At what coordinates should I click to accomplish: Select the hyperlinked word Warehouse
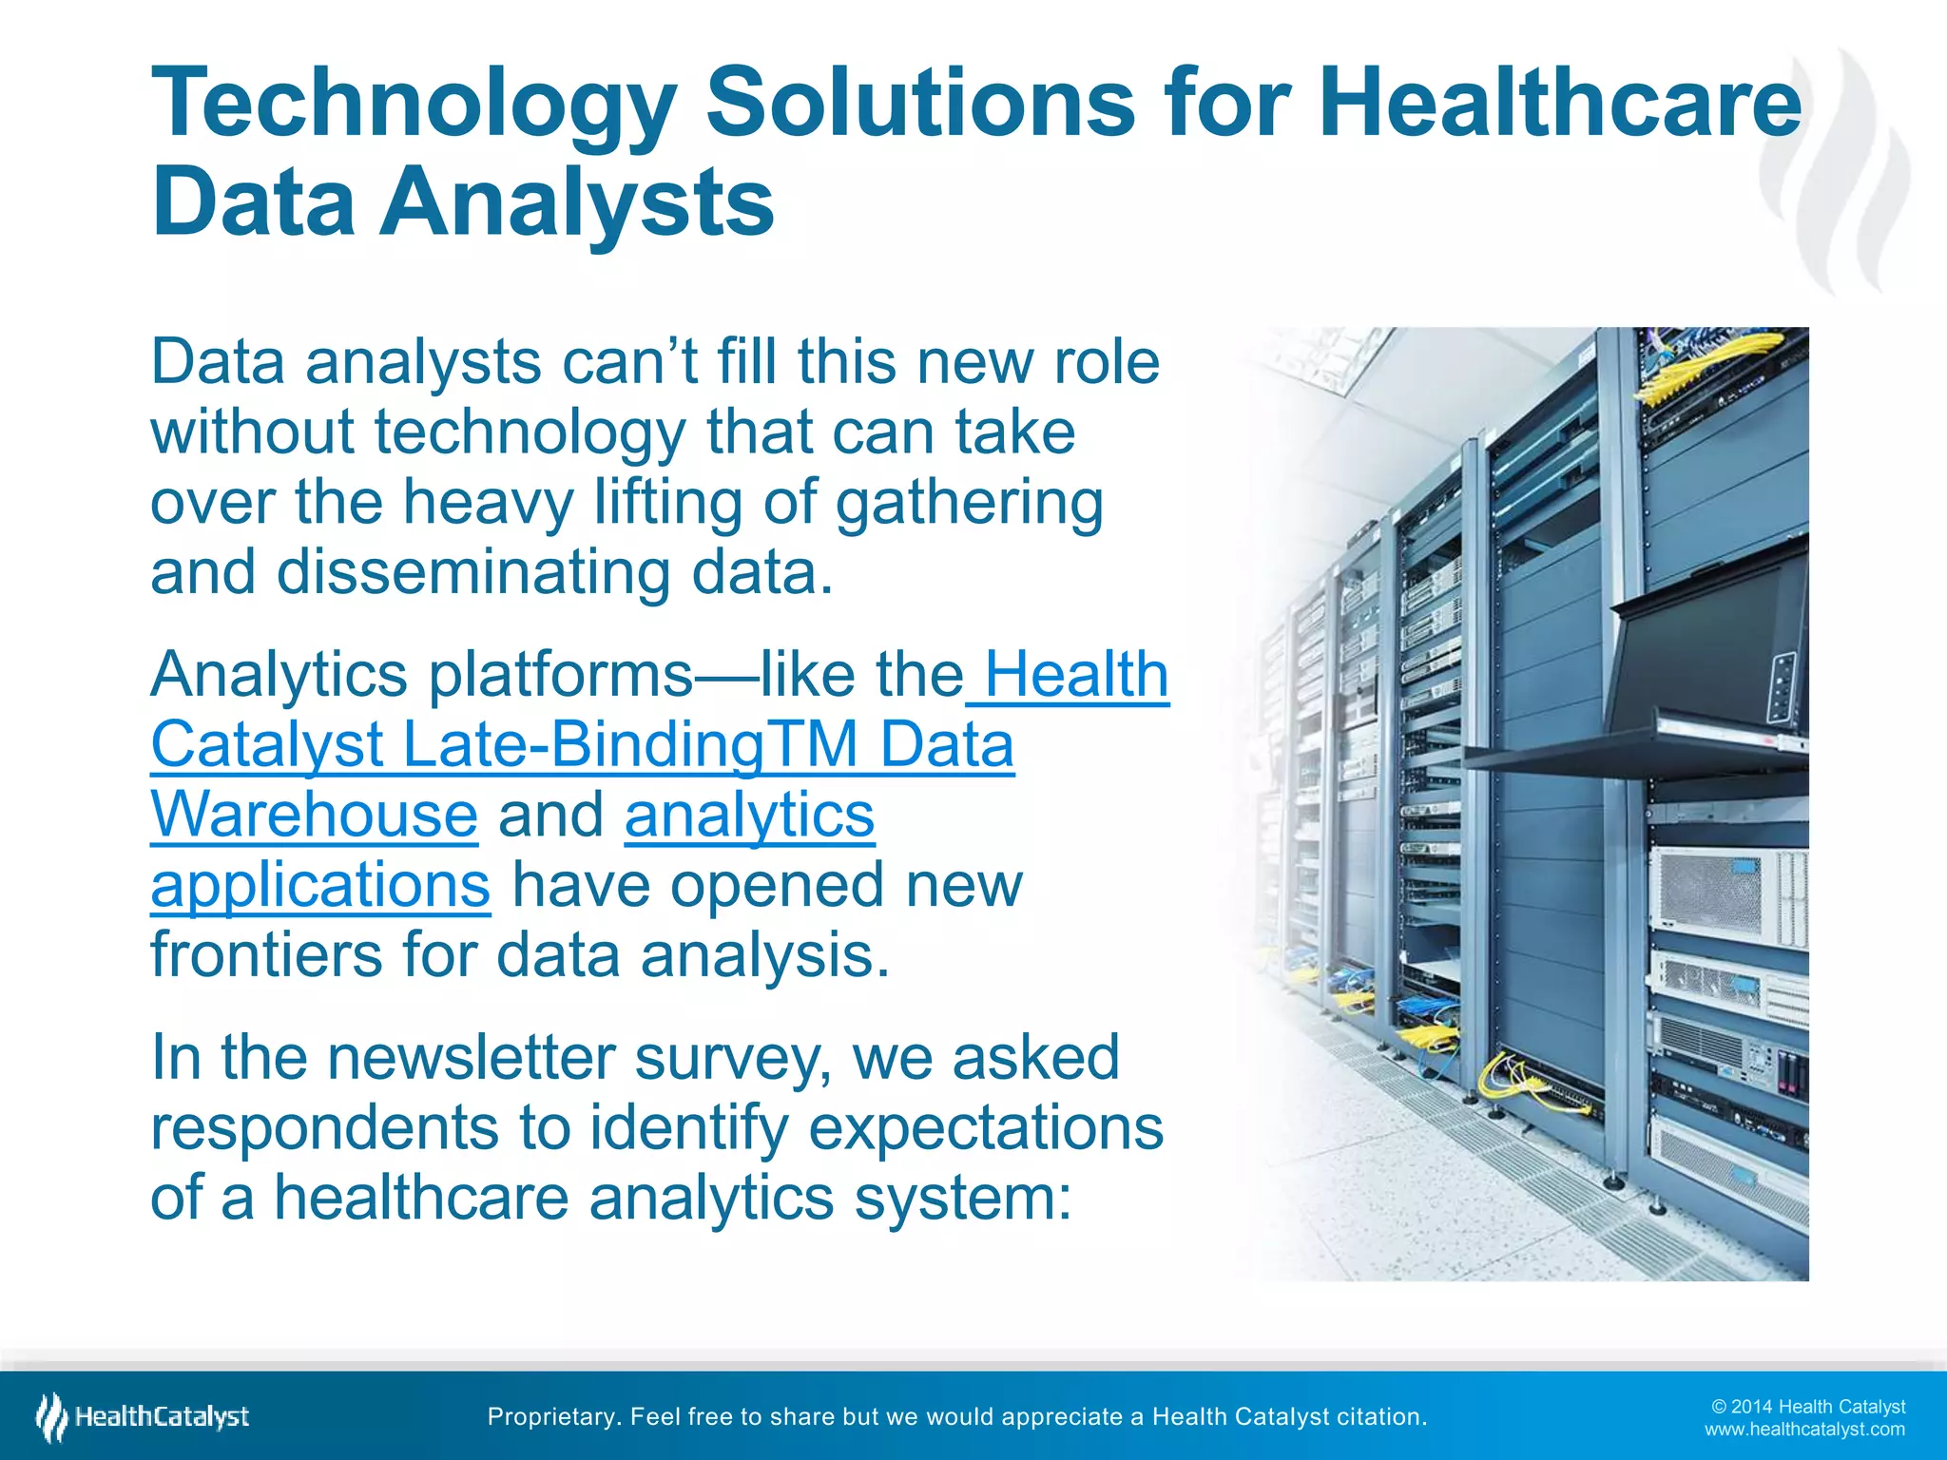(314, 816)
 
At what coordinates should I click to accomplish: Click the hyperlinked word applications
(320, 886)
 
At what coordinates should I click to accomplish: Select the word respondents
(324, 1127)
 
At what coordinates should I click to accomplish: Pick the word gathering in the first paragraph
(969, 504)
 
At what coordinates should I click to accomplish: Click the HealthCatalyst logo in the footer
(143, 1417)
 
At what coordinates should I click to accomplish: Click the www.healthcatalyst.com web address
(1804, 1430)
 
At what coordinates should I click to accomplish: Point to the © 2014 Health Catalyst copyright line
(1808, 1407)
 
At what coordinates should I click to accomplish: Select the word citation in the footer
(1381, 1417)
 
